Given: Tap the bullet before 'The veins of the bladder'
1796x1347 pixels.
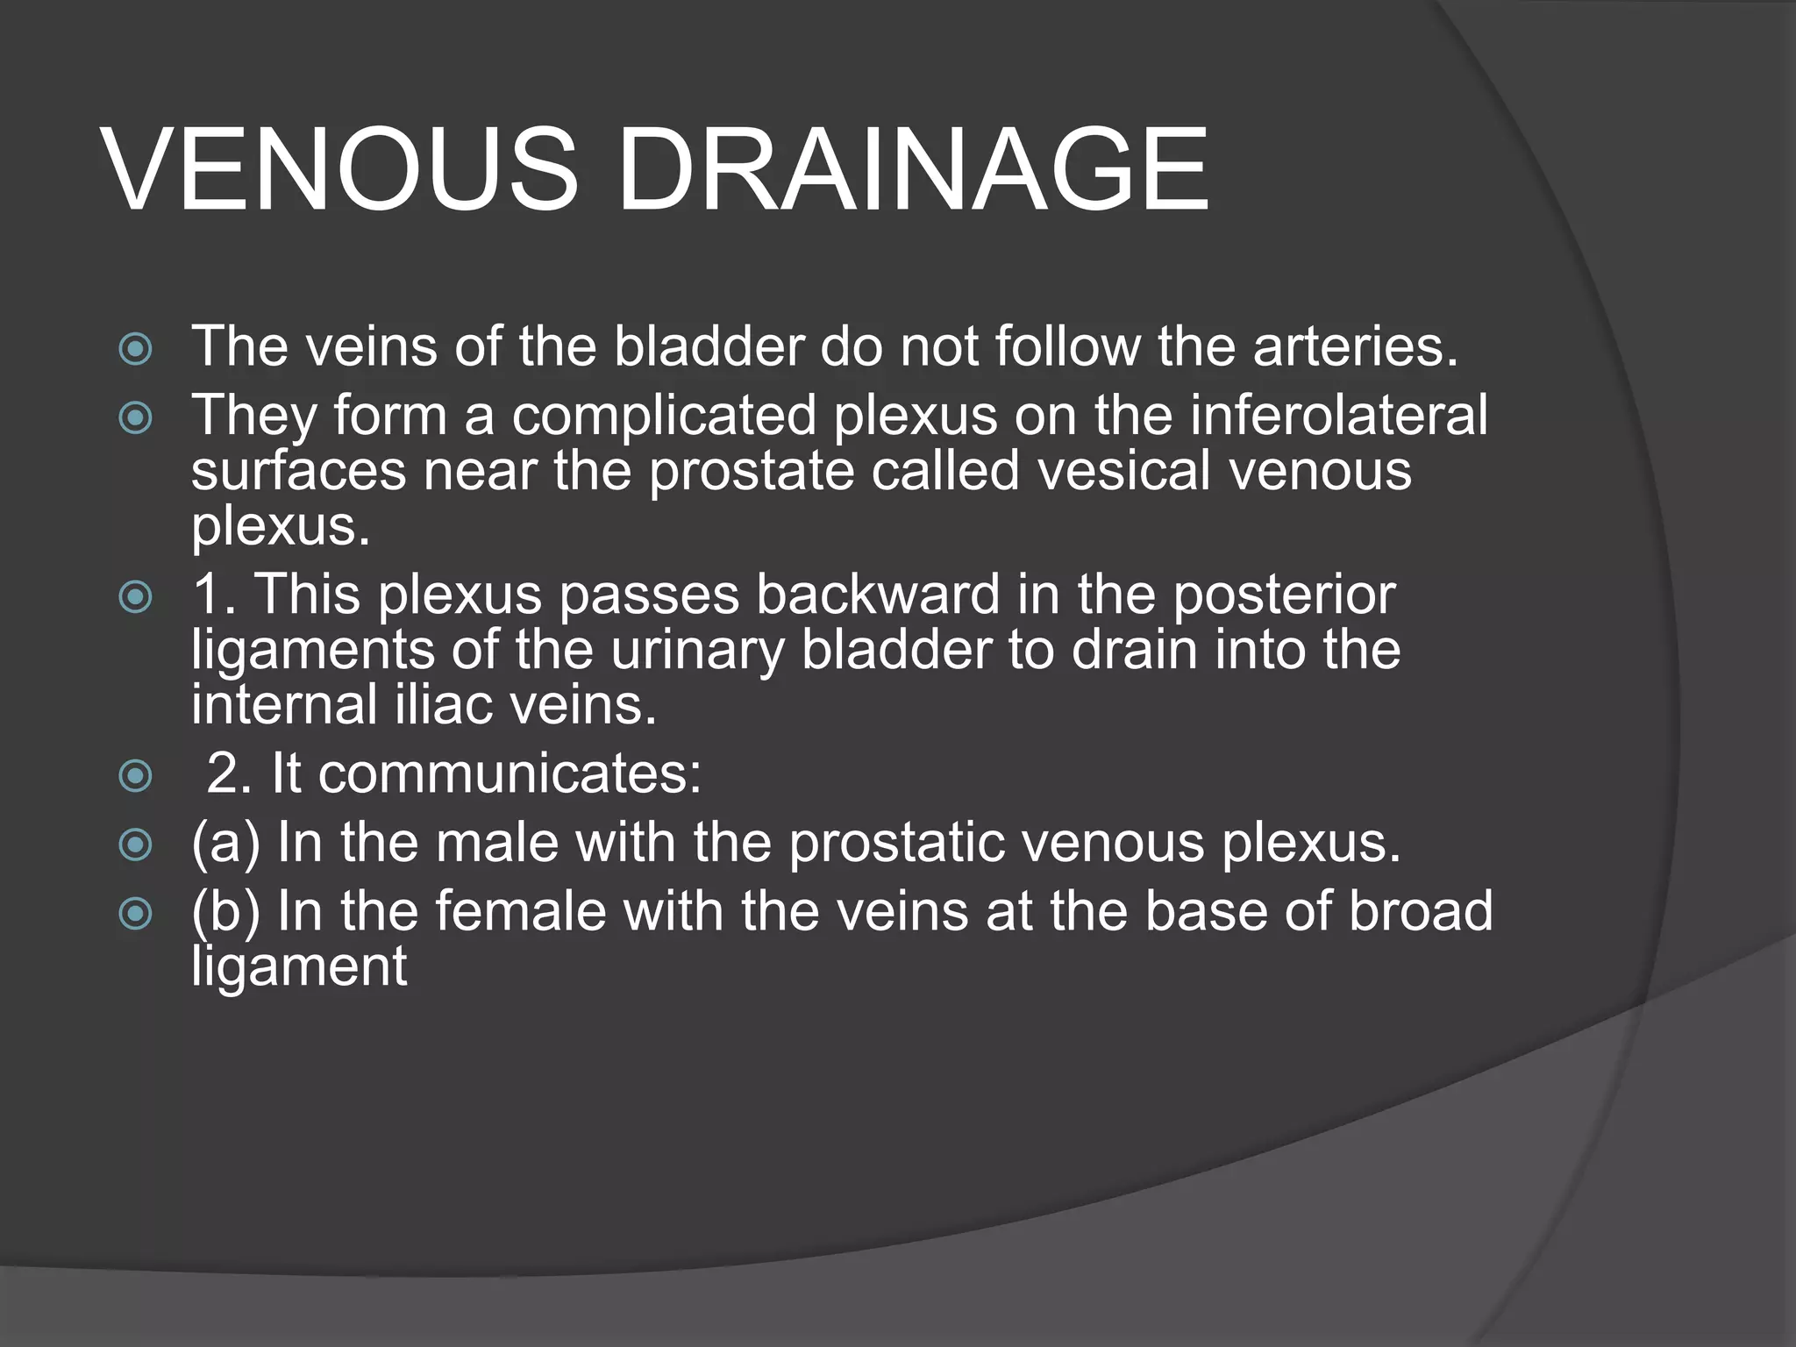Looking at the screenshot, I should coord(135,350).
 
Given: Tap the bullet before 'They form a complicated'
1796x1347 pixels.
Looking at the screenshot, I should coord(135,418).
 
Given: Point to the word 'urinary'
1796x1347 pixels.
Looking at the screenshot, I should coord(697,651).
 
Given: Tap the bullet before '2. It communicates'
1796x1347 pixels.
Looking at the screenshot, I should coord(135,775).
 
